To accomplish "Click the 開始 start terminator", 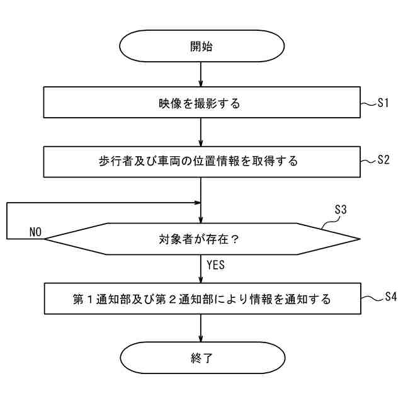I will click(201, 46).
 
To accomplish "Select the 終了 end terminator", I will click(201, 359).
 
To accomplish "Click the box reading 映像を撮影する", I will click(201, 103).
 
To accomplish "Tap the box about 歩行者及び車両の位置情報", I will click(201, 162).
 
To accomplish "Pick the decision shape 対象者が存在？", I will click(201, 239).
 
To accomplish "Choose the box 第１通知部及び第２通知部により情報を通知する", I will click(201, 298).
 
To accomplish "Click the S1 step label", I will click(384, 103).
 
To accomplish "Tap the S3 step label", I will click(340, 210).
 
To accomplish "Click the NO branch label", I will click(35, 232).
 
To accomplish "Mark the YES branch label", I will click(215, 265).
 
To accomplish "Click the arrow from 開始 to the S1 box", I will click(201, 74).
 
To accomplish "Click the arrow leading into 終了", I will click(201, 329).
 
